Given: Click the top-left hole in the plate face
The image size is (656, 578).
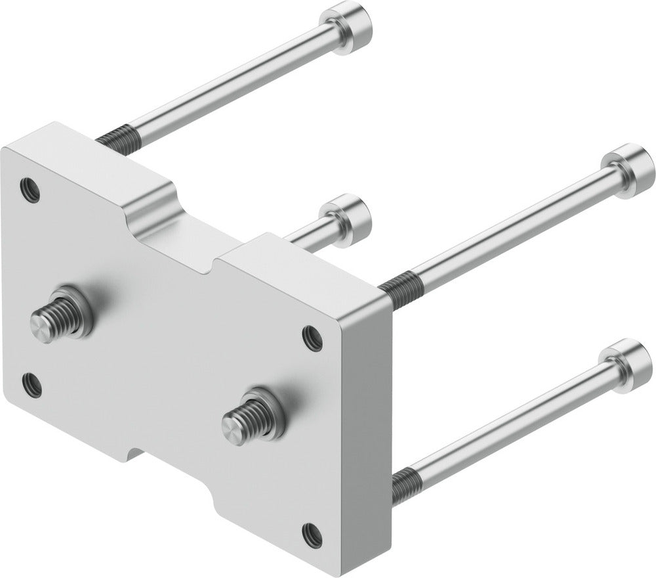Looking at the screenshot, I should pos(30,190).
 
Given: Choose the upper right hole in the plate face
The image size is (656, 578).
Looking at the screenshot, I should pos(312,338).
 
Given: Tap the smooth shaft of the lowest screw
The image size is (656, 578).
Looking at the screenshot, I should pos(512,420).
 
